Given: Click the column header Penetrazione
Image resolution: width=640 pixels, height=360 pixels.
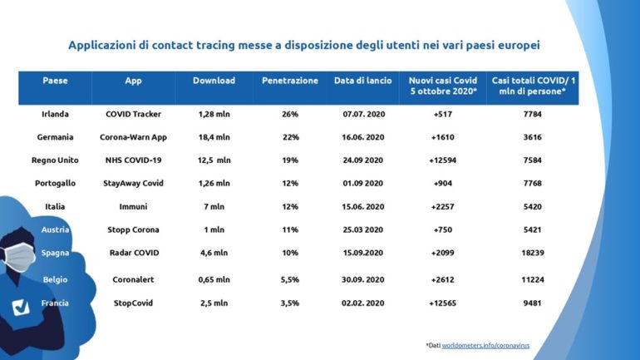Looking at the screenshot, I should (289, 81).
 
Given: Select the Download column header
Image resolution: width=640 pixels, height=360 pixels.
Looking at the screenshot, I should (214, 81).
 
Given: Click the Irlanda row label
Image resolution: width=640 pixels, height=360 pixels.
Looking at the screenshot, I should (55, 113).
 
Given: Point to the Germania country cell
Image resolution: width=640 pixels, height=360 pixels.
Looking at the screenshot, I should (55, 136).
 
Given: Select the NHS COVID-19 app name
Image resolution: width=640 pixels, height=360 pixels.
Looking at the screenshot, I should (133, 160).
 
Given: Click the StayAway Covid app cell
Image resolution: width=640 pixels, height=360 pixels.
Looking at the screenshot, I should (133, 183).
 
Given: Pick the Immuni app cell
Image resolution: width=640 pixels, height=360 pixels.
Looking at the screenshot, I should (133, 206).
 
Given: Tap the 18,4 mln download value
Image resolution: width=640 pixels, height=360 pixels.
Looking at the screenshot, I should (214, 136).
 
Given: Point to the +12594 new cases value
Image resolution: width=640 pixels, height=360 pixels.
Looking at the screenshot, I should (441, 160).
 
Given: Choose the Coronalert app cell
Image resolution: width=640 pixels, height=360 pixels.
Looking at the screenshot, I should (133, 280).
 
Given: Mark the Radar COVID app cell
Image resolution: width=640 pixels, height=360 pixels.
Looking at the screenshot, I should (133, 253).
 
